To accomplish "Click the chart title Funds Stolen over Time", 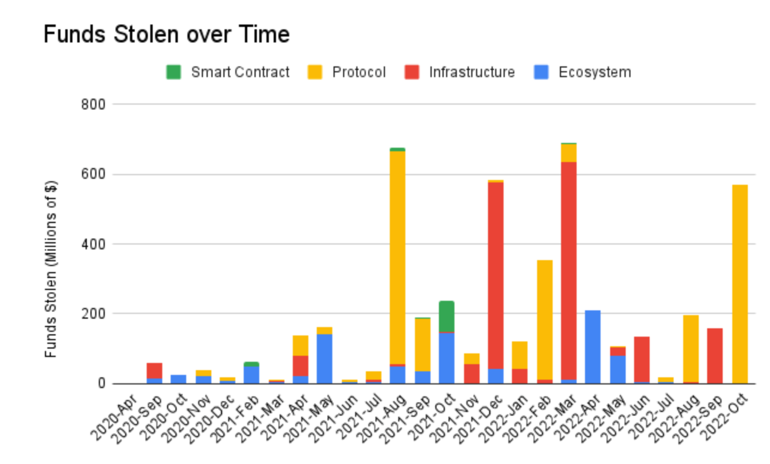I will pos(166,35).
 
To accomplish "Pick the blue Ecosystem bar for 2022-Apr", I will pos(593,347).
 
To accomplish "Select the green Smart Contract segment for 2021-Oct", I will pos(447,316).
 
